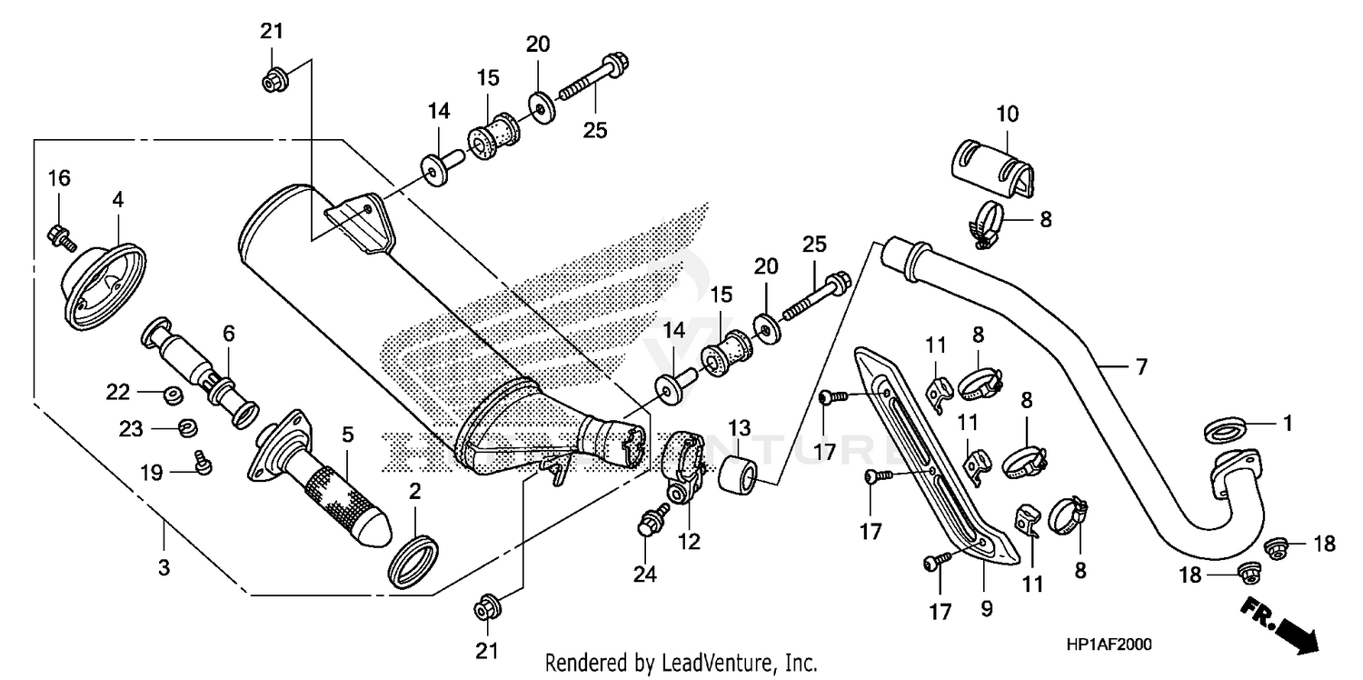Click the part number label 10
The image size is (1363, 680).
tap(1007, 115)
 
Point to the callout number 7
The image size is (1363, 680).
tap(1141, 367)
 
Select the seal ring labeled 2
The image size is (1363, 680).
tap(413, 562)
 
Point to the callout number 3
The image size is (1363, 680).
tap(164, 569)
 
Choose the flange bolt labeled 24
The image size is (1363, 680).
tap(649, 524)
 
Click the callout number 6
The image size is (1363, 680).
tap(229, 334)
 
